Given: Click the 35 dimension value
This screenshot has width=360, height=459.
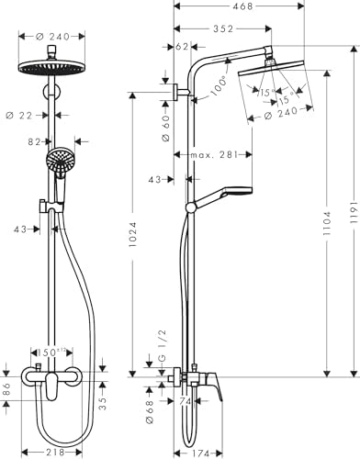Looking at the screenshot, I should click(102, 400).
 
